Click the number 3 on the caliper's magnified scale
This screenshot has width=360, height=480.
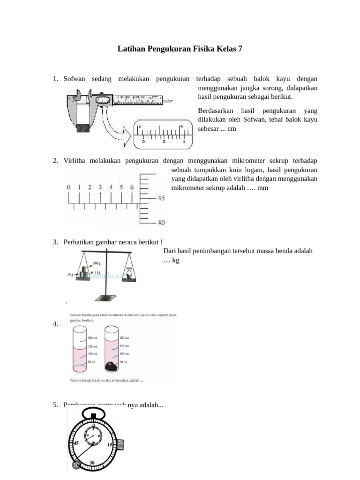click(139, 126)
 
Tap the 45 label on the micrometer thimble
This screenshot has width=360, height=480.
click(160, 198)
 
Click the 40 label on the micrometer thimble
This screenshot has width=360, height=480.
click(160, 223)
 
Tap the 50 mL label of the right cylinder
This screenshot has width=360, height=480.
click(124, 362)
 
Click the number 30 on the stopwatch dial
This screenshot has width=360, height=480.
click(92, 463)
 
